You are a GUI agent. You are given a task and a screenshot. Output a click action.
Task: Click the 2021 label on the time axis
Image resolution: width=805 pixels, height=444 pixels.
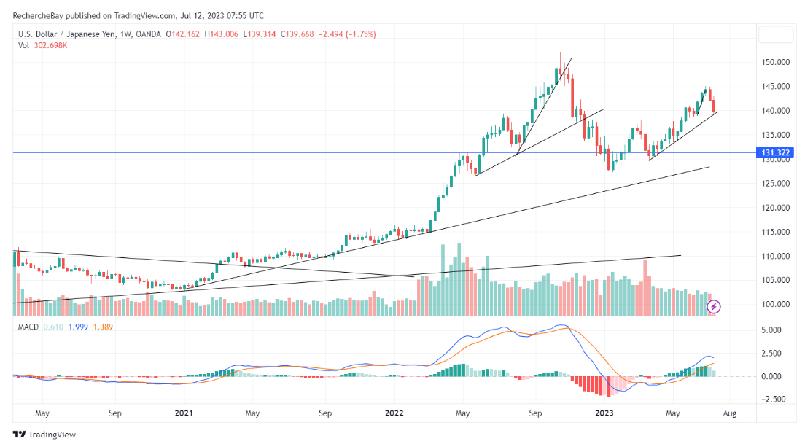pos(184,413)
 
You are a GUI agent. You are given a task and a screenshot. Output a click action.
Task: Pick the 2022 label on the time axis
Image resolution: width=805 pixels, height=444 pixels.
pos(394,413)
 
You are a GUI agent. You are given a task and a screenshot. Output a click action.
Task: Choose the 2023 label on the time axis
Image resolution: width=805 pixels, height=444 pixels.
pos(605,413)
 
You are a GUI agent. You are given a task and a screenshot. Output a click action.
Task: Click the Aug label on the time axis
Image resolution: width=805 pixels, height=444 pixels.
pos(729,413)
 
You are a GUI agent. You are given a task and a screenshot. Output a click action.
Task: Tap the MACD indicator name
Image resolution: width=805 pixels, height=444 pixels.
pos(29,327)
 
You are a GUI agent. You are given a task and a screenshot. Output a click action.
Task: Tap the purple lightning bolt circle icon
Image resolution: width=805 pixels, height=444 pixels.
pos(715,306)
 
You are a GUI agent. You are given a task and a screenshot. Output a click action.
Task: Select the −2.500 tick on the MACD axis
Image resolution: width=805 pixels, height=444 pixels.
pos(771,399)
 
